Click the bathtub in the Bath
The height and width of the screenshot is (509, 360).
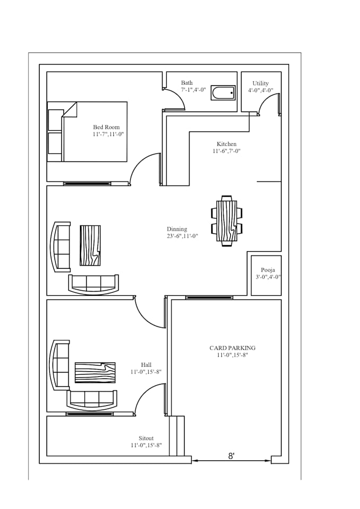[223, 93]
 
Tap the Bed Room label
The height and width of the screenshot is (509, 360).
[106, 127]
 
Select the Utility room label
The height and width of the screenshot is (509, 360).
[260, 84]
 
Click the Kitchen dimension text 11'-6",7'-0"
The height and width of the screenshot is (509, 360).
[227, 151]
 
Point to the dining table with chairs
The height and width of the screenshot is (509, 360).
[227, 221]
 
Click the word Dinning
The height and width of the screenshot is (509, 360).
[177, 229]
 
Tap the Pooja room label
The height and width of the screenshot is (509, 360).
[268, 270]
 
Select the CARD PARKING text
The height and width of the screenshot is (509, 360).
[232, 348]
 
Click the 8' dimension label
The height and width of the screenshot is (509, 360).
[231, 456]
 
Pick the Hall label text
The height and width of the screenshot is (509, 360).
[146, 365]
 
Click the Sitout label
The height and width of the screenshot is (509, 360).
[146, 438]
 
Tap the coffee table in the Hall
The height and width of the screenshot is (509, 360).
[95, 372]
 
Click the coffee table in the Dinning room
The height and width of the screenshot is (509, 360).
[91, 246]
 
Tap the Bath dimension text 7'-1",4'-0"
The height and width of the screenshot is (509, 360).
[194, 90]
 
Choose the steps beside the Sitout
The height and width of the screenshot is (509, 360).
[177, 435]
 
